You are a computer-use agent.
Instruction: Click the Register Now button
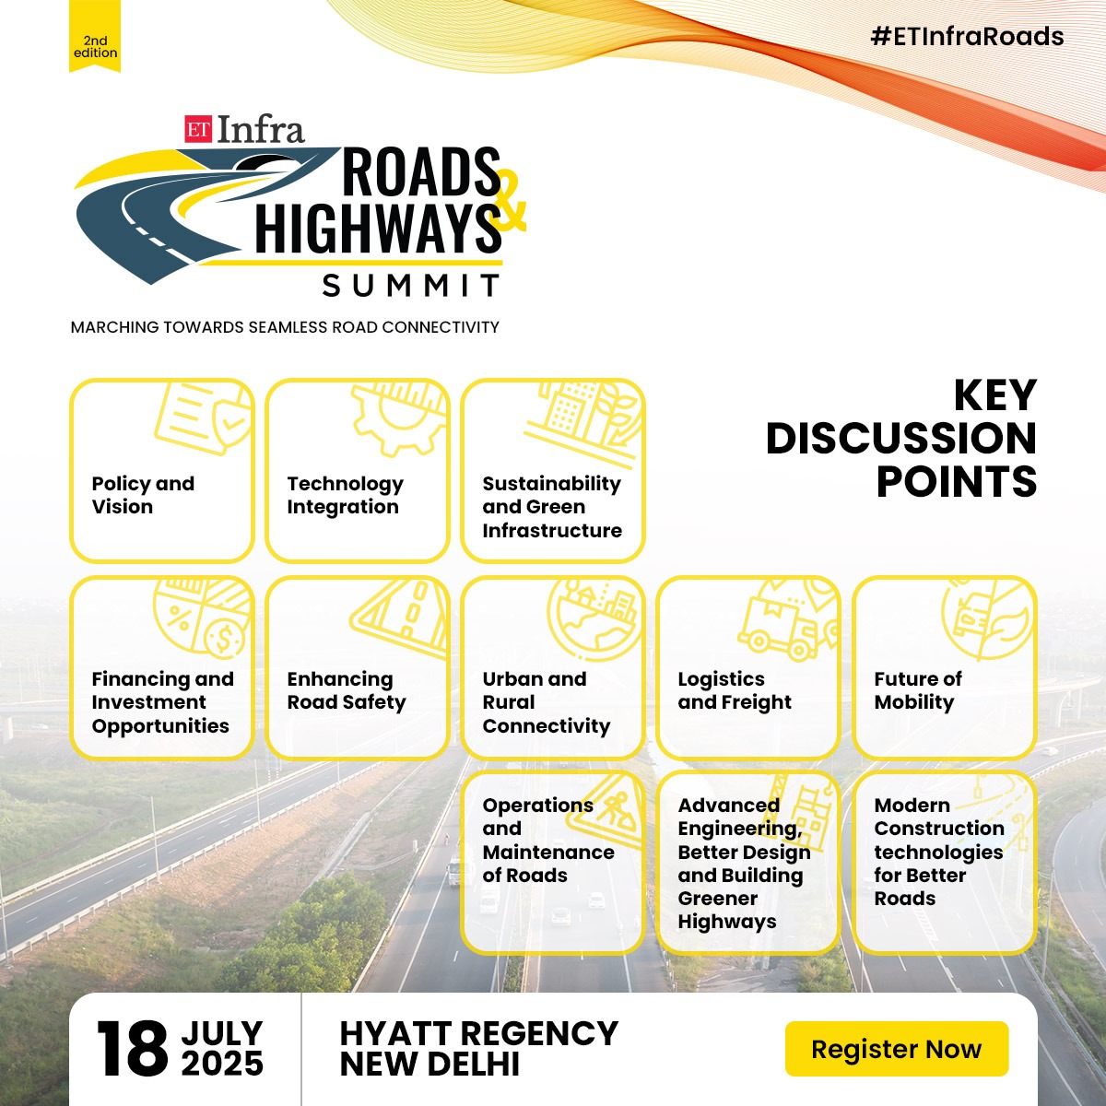tap(896, 1049)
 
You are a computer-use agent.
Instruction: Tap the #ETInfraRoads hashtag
tap(967, 37)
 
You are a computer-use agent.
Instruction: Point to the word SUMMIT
tap(411, 285)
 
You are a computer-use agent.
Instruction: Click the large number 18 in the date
tap(133, 1049)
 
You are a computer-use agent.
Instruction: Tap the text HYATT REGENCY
tap(478, 1033)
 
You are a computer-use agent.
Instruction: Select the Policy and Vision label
tap(143, 495)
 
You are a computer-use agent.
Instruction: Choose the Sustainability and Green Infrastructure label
tap(551, 507)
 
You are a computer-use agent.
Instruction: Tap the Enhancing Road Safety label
tap(346, 690)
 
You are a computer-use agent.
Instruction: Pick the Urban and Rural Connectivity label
tap(546, 702)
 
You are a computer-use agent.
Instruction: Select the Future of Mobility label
tap(917, 690)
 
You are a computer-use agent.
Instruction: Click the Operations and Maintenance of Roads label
tap(547, 840)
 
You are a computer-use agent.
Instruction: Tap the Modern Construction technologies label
tap(938, 852)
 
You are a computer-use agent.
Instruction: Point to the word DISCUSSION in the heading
tap(900, 439)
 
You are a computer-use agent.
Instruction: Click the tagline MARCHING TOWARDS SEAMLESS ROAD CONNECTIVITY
tap(285, 327)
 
